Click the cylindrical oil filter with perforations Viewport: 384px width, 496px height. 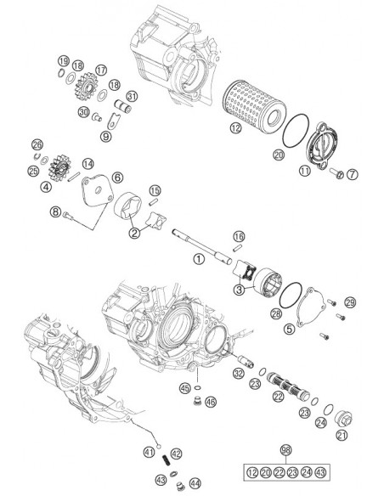pos(254,107)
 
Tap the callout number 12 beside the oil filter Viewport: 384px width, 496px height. pos(235,128)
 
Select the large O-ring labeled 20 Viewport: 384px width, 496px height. pos(296,130)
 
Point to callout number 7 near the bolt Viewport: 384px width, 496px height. pos(352,174)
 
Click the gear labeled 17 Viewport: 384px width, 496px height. pos(87,87)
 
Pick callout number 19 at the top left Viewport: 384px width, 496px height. pos(63,61)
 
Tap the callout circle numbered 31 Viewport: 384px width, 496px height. pos(132,97)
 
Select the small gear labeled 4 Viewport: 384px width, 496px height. pos(59,167)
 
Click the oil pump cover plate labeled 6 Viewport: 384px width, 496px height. pos(97,191)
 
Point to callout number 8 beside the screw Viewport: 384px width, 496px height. pos(55,211)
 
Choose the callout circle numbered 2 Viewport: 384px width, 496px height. pos(134,233)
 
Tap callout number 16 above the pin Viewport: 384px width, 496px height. pos(239,236)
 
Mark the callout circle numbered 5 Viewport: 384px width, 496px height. pos(289,329)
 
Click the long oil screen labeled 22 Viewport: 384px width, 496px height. pos(288,385)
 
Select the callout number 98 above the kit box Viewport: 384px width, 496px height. pos(286,450)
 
